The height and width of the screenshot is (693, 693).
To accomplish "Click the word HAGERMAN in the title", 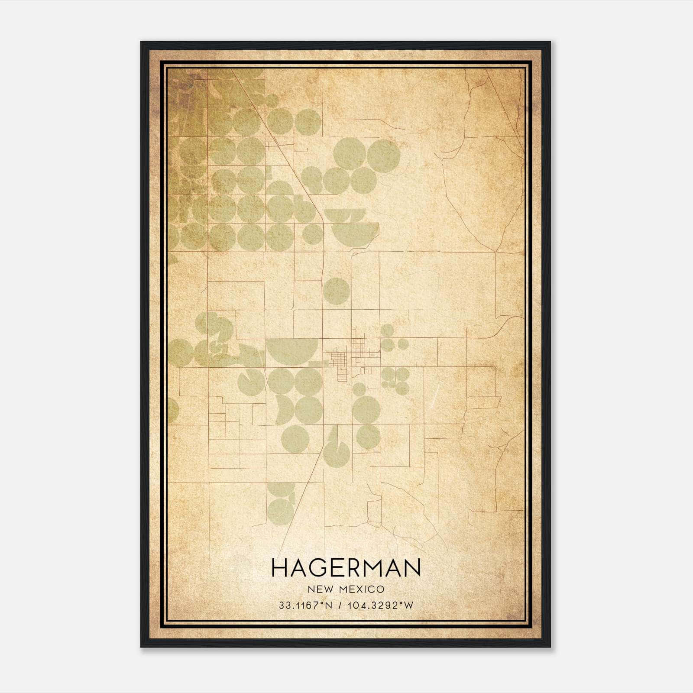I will tap(346, 568).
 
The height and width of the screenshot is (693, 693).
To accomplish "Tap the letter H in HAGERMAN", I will tap(280, 568).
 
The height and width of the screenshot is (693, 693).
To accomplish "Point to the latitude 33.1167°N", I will tap(305, 606).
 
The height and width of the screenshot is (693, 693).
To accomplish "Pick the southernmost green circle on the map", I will tap(280, 508).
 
